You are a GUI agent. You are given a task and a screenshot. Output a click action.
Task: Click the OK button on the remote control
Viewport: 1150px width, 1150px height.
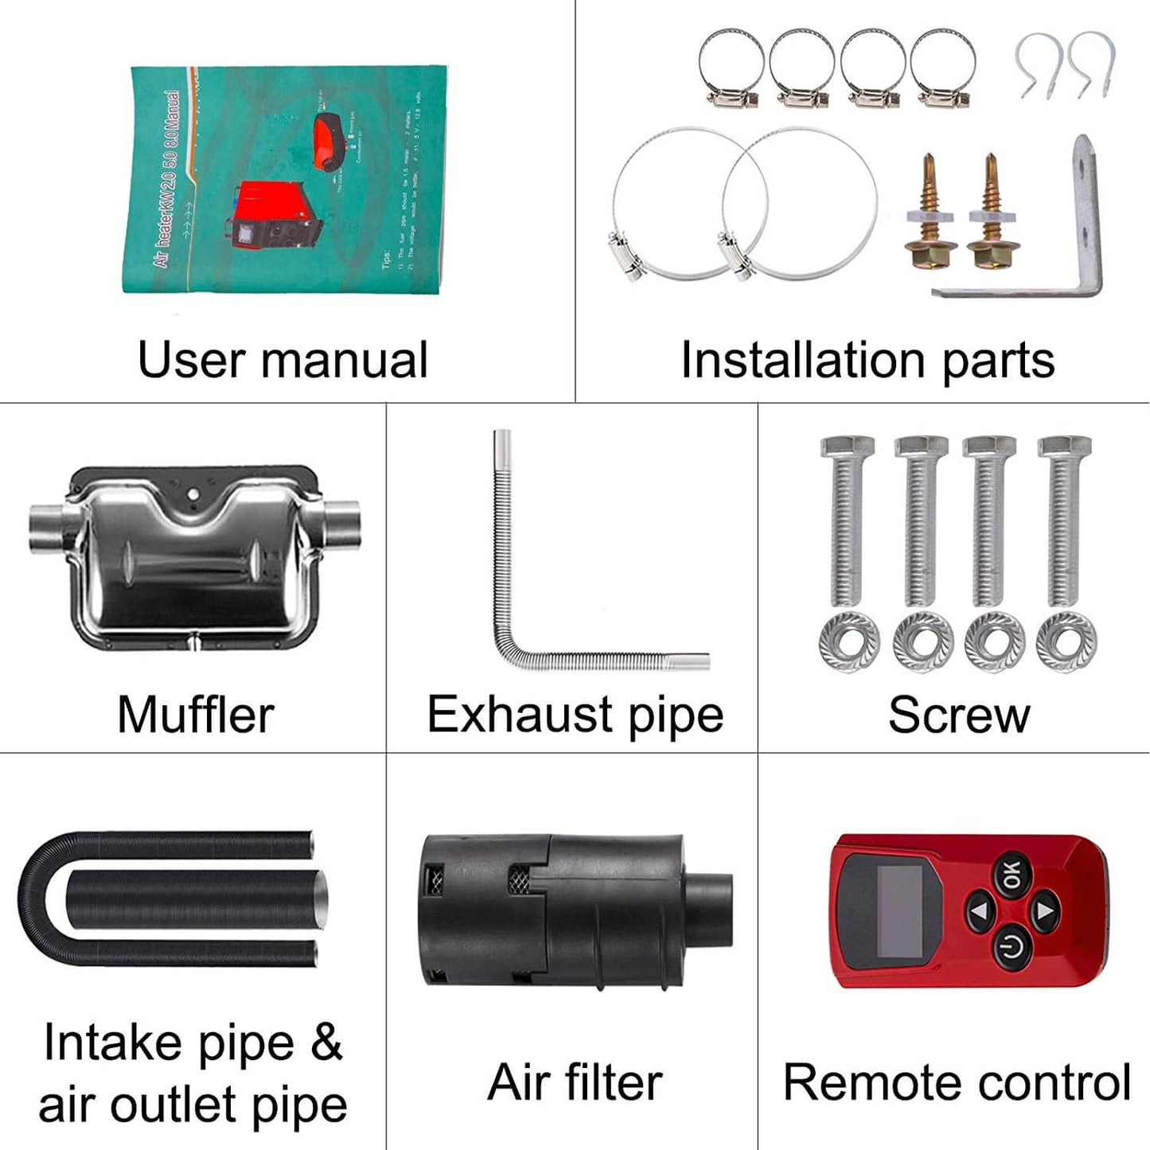click(1012, 875)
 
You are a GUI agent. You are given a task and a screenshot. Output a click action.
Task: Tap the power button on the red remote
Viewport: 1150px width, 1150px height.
click(1012, 949)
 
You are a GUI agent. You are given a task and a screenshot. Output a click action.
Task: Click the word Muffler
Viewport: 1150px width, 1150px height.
click(195, 714)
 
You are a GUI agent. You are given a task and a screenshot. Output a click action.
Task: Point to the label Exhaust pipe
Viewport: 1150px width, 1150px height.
click(575, 714)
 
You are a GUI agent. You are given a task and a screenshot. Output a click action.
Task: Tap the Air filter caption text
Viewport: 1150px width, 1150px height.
click(575, 1082)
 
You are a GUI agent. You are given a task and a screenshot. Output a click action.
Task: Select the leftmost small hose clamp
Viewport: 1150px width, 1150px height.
click(731, 68)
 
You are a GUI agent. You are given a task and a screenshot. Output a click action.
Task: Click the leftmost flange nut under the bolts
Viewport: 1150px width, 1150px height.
click(848, 641)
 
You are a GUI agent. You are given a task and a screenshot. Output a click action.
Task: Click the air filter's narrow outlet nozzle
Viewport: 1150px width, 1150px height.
click(708, 910)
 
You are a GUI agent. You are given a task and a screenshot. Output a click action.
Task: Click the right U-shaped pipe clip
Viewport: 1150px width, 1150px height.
click(1092, 64)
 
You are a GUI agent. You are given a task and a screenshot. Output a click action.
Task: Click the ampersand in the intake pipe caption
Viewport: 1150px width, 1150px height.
click(326, 1043)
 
